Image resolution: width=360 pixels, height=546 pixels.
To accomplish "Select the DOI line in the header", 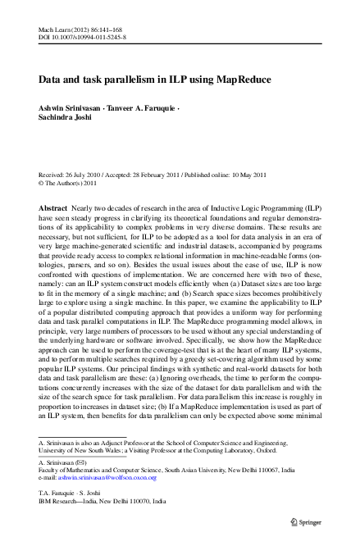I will (x=80, y=38).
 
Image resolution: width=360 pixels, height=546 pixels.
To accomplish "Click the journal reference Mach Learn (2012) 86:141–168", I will (x=80, y=29).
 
